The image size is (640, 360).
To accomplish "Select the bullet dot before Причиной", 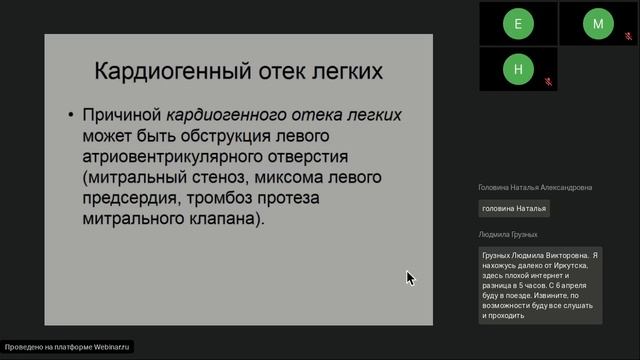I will (71, 116).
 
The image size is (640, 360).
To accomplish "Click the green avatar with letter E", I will (518, 23).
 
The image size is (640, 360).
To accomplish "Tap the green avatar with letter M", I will (598, 23).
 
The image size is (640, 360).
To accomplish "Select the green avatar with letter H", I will (518, 69).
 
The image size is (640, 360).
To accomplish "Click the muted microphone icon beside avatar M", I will (629, 35).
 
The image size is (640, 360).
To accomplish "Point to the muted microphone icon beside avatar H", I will (549, 81).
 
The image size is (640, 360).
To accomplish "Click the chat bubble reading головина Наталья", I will (514, 208).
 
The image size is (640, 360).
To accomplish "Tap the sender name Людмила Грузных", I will (508, 234).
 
